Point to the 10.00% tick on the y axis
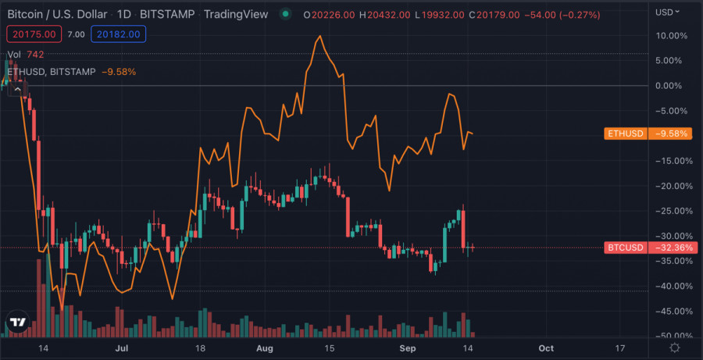coord(673,36)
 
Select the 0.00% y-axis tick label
coord(674,86)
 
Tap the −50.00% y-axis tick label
coord(672,336)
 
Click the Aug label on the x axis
coord(266,348)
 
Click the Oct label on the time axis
coord(546,348)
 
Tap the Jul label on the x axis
coord(122,348)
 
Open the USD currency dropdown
coord(667,12)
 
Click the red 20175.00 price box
coord(32,34)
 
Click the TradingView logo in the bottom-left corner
coord(17,322)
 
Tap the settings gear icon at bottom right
coord(674,348)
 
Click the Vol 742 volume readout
coord(26,55)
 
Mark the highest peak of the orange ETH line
coord(319,36)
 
